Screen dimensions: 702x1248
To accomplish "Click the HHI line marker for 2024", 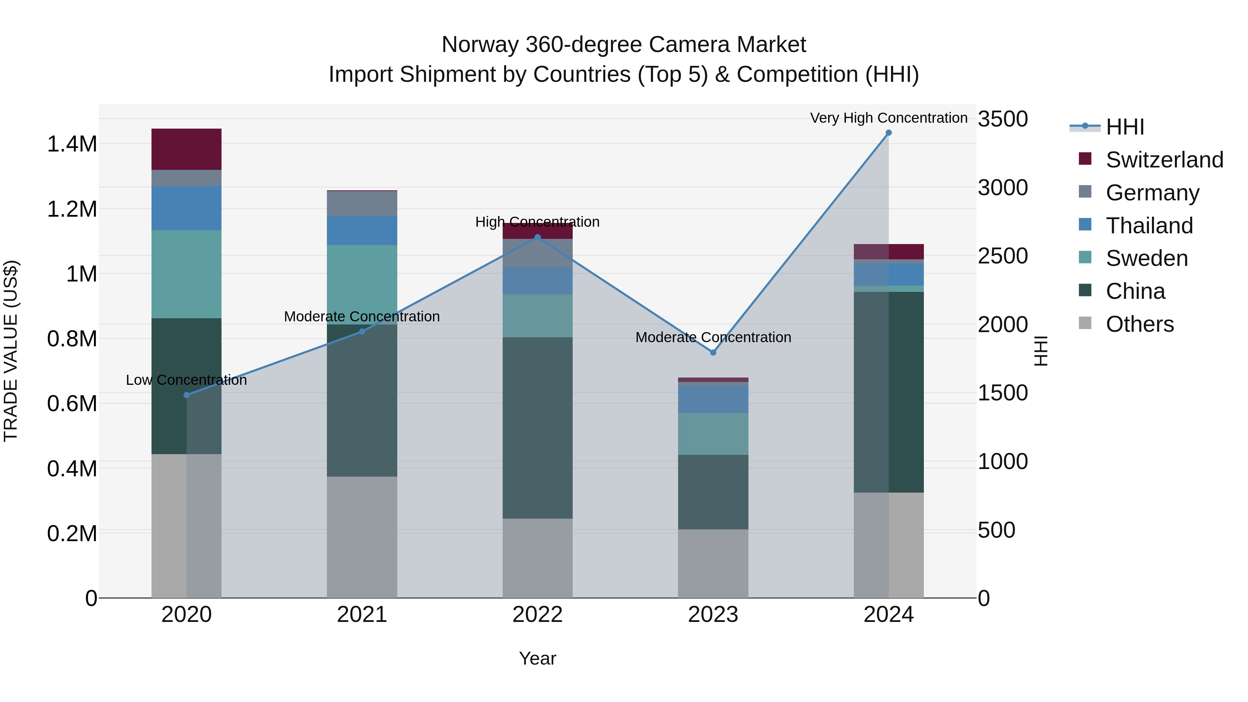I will point(888,133).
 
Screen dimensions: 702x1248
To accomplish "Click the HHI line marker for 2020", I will point(187,395).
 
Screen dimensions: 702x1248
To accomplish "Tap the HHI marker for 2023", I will point(713,353).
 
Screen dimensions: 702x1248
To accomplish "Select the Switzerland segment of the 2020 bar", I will point(187,149).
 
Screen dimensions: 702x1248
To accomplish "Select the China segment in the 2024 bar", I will point(888,392).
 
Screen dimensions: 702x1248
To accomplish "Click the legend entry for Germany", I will point(1152,193).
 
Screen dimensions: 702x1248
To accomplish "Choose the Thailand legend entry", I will point(1149,226).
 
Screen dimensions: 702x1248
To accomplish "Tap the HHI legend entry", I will point(1124,127).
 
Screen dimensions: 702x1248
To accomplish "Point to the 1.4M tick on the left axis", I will point(72,144).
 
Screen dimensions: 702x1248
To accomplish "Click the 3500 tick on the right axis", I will point(1002,119).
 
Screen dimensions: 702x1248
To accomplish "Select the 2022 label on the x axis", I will point(537,615).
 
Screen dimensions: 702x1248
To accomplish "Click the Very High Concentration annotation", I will point(888,118).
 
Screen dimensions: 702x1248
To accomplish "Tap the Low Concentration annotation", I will point(187,380).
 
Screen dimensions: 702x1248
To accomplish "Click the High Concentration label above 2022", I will point(537,222).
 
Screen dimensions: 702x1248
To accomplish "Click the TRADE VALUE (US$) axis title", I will point(11,351).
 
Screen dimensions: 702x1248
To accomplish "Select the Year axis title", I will point(537,658).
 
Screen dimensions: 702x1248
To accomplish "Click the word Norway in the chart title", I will point(480,45).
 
